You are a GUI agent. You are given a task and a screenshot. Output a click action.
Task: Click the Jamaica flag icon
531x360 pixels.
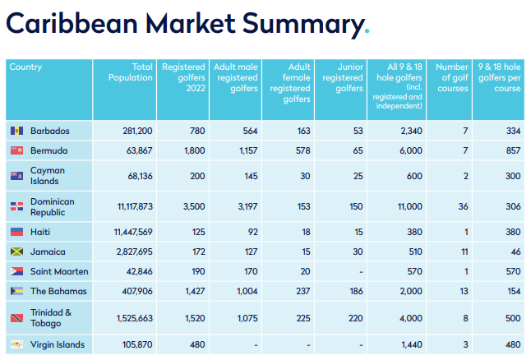[x=16, y=252]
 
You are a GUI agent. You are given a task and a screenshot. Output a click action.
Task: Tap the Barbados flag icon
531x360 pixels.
[x=16, y=132]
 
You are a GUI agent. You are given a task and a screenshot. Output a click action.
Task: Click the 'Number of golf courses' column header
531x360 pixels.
[x=452, y=77]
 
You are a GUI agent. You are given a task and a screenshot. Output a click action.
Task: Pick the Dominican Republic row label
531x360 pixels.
[x=53, y=207]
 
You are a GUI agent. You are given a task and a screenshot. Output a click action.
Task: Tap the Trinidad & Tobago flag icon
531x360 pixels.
[x=16, y=318]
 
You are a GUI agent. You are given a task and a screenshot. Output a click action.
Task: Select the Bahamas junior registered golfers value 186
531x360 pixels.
[x=352, y=291]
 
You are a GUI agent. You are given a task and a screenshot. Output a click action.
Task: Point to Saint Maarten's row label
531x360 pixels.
[x=58, y=271]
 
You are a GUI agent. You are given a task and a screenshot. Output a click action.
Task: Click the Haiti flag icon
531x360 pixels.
[x=16, y=233]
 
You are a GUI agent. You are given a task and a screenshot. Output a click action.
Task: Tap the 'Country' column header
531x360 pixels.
[x=25, y=67]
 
